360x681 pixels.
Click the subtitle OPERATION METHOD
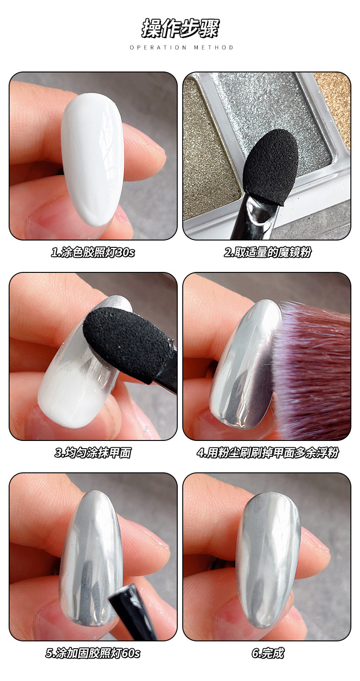point(181,47)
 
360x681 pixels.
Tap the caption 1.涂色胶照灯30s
point(93,252)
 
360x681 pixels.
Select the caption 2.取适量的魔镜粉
point(267,252)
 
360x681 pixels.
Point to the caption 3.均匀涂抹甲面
point(93,453)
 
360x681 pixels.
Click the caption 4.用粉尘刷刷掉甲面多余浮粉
point(267,453)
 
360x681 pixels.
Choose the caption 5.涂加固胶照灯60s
point(93,653)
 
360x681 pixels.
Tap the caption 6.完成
point(267,653)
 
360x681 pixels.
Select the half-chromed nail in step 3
point(82,365)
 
